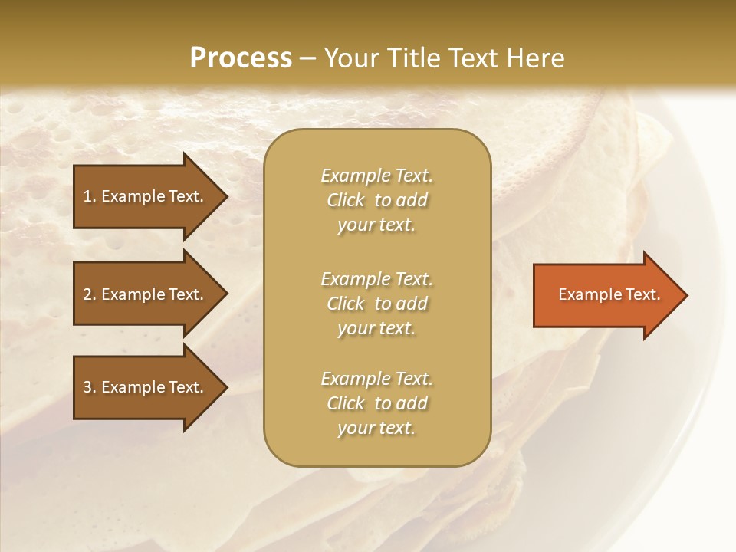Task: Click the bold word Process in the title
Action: tap(240, 58)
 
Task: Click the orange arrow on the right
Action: tap(606, 294)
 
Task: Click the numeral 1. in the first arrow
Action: tap(90, 196)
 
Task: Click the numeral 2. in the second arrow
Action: tap(90, 294)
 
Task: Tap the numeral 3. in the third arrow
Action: tap(90, 387)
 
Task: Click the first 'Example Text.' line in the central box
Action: tap(376, 176)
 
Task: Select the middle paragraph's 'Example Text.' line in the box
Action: tap(376, 279)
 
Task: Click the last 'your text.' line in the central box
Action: tap(376, 428)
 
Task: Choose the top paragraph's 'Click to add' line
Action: tap(376, 200)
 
